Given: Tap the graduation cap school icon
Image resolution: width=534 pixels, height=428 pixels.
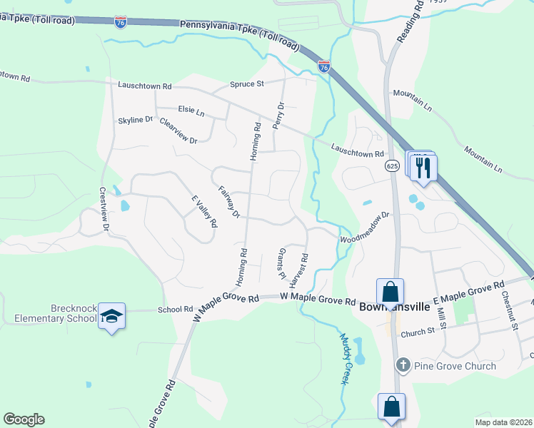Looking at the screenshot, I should tap(112, 315).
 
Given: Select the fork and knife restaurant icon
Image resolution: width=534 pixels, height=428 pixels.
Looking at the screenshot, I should tap(425, 168).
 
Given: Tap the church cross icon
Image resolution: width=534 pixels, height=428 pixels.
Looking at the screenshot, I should tap(403, 366).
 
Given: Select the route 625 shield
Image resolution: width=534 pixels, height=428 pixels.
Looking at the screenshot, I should tap(392, 165).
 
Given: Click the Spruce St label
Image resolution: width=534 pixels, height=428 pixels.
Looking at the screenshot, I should tap(247, 84).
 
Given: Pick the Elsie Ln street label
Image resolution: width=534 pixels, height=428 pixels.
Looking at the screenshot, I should tap(191, 113).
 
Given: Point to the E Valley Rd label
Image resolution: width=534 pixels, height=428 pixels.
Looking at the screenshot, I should tap(203, 211).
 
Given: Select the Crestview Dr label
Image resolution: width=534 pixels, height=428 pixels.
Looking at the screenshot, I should tap(104, 208).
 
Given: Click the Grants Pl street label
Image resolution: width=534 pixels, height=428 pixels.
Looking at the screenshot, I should tap(280, 264).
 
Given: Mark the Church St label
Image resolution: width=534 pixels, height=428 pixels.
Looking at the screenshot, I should tap(418, 332).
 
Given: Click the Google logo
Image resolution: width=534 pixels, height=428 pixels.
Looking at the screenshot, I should tap(24, 419).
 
